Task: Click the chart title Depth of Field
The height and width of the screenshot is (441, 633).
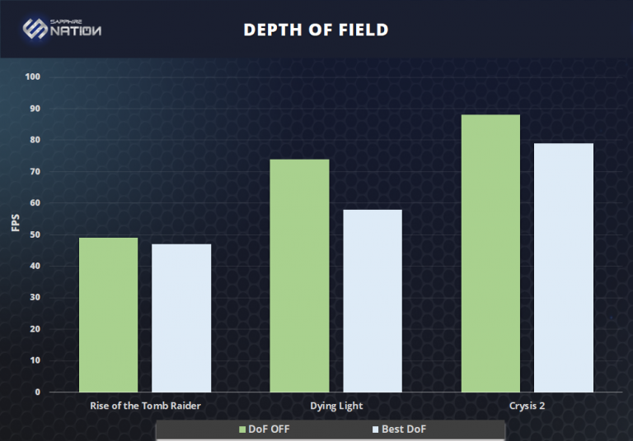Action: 316,30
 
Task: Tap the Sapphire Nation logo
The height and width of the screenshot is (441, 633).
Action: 63,29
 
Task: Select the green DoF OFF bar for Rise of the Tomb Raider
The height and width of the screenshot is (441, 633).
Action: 108,314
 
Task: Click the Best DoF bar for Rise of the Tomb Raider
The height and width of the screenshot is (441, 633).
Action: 181,318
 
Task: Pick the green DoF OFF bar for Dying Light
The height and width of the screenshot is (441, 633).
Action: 299,275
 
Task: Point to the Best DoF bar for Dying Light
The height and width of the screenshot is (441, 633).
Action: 373,300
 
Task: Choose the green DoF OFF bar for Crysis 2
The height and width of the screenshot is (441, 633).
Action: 490,253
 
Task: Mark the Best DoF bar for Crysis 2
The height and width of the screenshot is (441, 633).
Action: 564,267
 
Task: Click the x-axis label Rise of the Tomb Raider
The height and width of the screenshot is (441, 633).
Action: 144,406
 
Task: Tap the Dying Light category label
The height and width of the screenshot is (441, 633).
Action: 336,406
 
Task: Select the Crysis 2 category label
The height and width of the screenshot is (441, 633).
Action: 527,406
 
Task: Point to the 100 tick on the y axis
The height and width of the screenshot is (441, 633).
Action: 33,77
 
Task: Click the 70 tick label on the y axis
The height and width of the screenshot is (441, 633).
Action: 35,171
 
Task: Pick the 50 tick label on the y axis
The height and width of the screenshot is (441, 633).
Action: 35,234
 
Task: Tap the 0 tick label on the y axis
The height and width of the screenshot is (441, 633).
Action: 38,392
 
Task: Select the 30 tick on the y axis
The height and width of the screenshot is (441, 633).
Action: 35,297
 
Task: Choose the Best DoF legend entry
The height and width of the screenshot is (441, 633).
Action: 399,429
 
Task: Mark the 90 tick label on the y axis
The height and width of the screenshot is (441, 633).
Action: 35,109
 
